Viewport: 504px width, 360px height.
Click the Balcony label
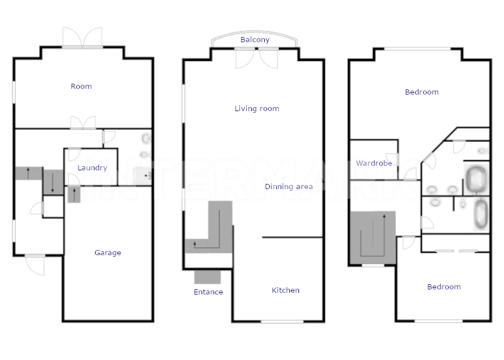[255, 39]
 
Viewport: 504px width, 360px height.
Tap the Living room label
[257, 109]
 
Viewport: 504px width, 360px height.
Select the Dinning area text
[289, 187]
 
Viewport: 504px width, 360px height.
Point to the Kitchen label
[285, 291]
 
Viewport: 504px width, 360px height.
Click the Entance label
[208, 292]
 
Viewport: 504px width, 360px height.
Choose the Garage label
[108, 253]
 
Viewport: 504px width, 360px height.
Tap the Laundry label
[92, 168]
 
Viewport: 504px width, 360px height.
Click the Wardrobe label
[374, 163]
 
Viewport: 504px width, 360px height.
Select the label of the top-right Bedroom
[422, 92]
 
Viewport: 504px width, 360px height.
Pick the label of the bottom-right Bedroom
[444, 287]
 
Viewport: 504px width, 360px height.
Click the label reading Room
[81, 86]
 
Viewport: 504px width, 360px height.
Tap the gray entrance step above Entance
[208, 277]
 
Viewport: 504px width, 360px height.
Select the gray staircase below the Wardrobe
[373, 238]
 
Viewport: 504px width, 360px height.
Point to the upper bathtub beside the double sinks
[476, 179]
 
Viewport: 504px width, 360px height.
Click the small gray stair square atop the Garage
[74, 195]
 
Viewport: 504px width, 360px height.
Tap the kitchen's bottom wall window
[282, 321]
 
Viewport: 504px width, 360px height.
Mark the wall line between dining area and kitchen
[293, 238]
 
